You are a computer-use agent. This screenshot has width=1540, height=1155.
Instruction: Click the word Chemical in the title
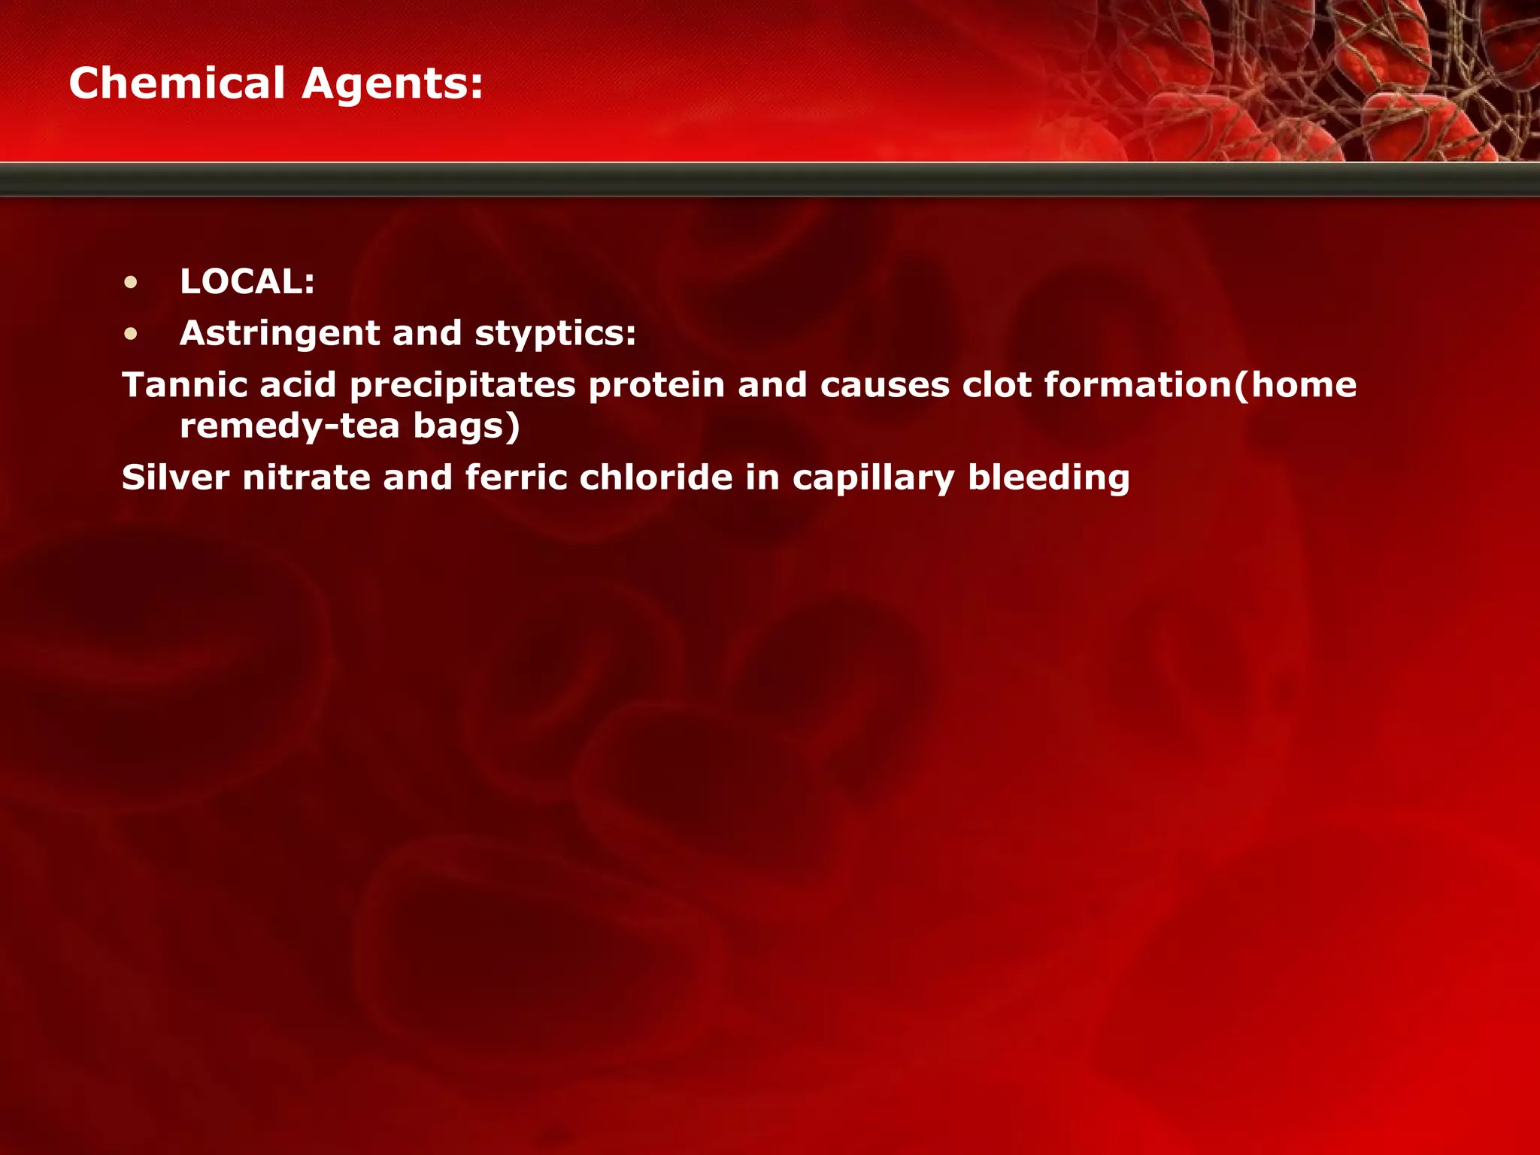(177, 83)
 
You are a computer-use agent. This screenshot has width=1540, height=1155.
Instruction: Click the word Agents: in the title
(392, 84)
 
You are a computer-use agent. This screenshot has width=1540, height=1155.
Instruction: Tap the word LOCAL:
(247, 282)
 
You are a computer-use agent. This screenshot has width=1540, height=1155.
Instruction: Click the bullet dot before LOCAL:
(132, 283)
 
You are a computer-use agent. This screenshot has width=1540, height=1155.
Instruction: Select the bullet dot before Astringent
(132, 334)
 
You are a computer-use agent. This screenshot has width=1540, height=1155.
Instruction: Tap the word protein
(656, 385)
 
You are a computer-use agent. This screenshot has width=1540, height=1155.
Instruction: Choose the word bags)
(466, 427)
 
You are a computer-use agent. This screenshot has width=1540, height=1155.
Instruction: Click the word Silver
(176, 477)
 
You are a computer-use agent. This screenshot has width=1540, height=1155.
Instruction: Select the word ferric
(516, 477)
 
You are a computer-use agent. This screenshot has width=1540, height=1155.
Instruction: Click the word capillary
(873, 479)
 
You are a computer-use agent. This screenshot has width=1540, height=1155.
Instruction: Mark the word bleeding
(1048, 479)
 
